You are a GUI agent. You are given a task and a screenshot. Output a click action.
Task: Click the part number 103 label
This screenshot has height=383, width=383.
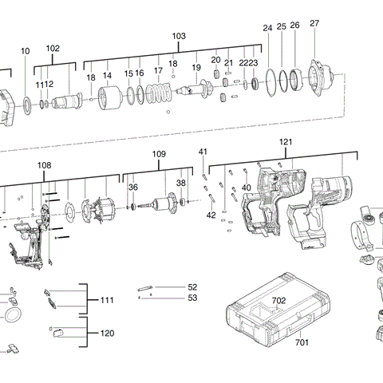tap(179, 37)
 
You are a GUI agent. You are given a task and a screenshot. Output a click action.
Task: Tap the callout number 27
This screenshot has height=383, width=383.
tap(314, 24)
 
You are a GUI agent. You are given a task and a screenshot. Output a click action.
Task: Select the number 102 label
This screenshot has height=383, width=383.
tap(53, 49)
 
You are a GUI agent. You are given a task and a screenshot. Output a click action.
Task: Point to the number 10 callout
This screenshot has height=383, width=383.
tap(26, 51)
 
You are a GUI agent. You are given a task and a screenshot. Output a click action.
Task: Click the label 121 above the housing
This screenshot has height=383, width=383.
tap(286, 141)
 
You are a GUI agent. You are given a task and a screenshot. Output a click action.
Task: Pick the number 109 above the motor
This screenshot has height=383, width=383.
tap(159, 153)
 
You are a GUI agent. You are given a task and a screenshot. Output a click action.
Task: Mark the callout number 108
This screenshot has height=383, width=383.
tap(44, 165)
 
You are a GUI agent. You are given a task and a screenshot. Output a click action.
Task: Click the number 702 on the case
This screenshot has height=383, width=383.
tap(278, 300)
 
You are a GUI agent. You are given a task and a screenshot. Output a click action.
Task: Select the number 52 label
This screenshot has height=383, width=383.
tap(191, 286)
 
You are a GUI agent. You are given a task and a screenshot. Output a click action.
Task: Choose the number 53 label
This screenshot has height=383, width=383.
tap(191, 298)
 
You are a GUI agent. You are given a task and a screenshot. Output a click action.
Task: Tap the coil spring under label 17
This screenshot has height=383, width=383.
tap(162, 94)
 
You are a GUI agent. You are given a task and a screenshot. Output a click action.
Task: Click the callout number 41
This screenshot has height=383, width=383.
tap(203, 152)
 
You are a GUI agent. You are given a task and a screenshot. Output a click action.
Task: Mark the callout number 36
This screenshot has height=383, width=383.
tap(133, 188)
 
